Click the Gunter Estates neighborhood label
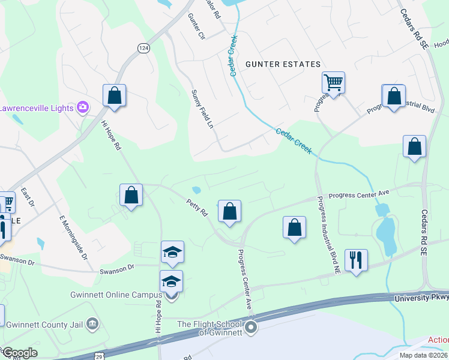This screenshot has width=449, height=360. coord(282,64)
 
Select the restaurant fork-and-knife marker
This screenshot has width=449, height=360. coord(356,260)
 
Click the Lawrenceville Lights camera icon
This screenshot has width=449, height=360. coord(83,107)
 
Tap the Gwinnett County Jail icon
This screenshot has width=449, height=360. coord(92,325)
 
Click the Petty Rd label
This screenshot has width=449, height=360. coord(197,208)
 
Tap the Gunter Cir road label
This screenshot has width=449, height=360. coord(196,27)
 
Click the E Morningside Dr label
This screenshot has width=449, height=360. coord(74,238)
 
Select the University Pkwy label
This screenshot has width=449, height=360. coord(421,298)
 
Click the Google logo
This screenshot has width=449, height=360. coord(19,353)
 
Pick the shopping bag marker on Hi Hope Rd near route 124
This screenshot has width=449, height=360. coord(114,95)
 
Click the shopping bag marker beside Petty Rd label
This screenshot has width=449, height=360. coord(229,211)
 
